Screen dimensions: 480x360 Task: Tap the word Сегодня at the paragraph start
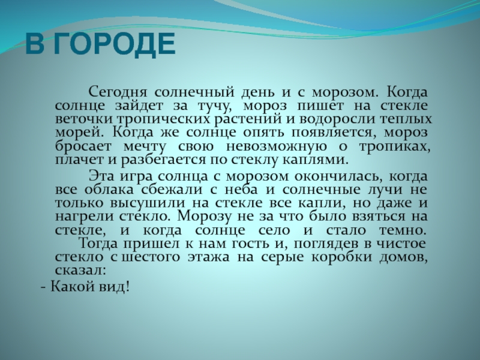click(x=118, y=92)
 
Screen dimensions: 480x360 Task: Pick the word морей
click(x=80, y=133)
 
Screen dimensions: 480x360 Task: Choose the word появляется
click(x=334, y=133)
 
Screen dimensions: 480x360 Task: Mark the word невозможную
click(x=276, y=146)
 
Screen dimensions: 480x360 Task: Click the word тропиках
click(x=395, y=146)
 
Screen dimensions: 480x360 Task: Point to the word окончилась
click(x=341, y=176)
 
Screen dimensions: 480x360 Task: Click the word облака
click(x=109, y=190)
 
